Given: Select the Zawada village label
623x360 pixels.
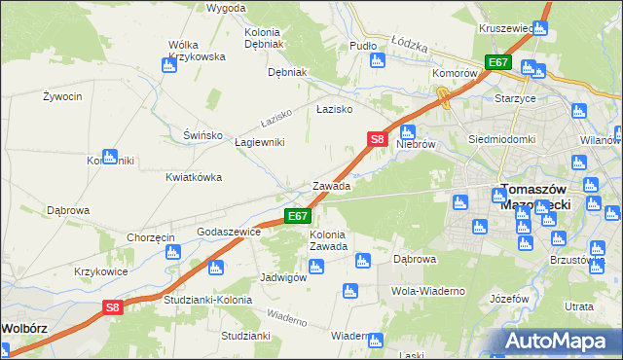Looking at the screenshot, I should (x=331, y=186).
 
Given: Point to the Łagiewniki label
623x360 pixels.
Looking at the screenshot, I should (x=260, y=142).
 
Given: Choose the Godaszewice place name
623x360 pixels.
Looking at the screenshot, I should (x=229, y=233).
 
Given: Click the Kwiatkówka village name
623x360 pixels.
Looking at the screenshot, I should (x=194, y=178).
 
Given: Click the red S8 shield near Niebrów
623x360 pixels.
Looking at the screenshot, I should (x=378, y=140).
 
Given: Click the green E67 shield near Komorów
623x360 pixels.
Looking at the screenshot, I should (x=498, y=62).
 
